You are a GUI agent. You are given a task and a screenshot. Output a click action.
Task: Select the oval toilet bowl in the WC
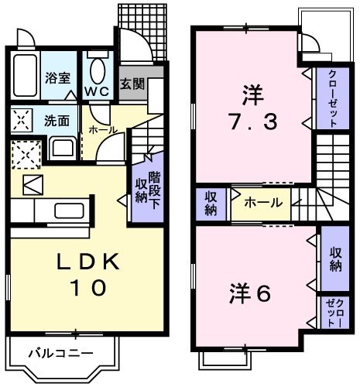tap(98, 72)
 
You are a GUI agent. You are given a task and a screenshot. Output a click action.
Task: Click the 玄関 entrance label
tap(131, 83)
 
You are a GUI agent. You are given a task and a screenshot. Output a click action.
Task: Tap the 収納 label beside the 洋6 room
tap(334, 259)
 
